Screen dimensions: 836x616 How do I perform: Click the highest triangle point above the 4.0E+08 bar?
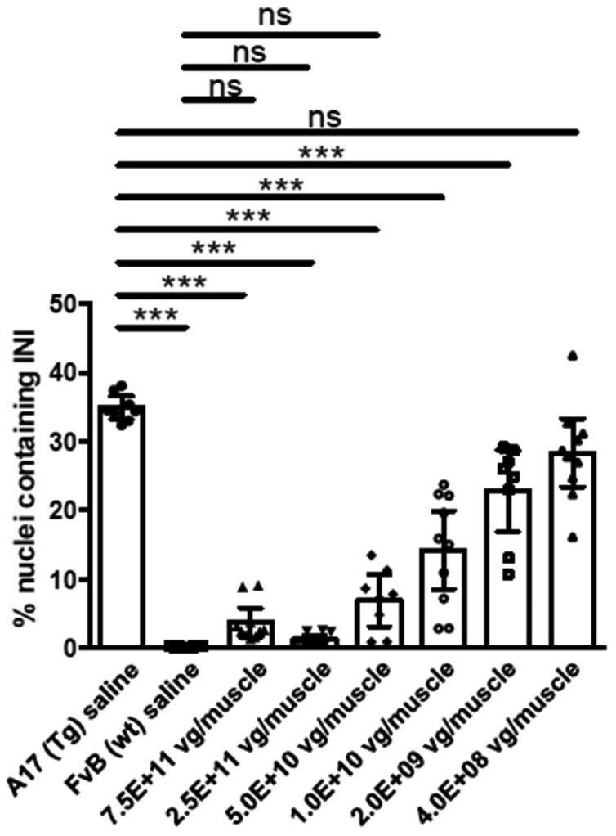573,355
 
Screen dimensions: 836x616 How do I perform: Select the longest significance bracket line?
347,131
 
